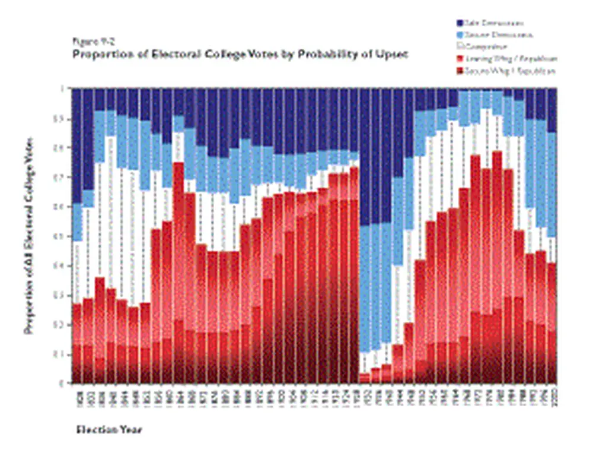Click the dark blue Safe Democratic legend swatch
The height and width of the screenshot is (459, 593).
(460, 23)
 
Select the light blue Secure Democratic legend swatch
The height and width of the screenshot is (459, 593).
(460, 35)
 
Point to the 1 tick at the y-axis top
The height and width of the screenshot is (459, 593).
(61, 90)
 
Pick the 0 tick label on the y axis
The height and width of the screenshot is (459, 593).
(61, 384)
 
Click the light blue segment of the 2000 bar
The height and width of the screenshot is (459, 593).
(552, 184)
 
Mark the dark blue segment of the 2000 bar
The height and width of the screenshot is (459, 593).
(552, 110)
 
